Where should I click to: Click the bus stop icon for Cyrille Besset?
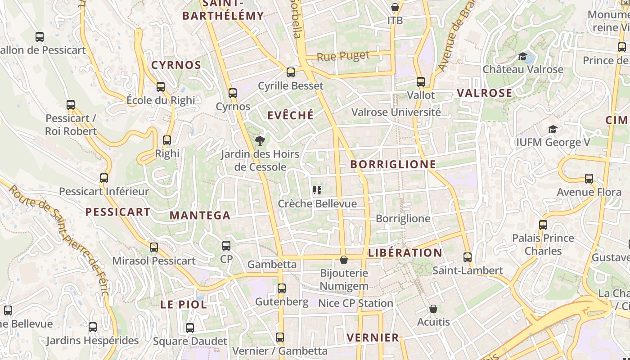click(291, 72)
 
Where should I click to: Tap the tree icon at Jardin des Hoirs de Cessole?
click(260, 141)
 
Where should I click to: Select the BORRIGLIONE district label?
click(393, 164)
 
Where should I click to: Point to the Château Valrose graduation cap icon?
click(522, 56)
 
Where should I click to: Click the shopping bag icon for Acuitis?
click(433, 309)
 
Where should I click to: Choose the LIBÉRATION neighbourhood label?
click(405, 252)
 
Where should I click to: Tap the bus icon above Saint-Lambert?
click(468, 257)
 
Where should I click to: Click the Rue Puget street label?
click(343, 56)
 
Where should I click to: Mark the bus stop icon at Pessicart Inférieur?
click(104, 178)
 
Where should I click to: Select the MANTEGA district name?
click(200, 215)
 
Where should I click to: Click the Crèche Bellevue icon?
click(317, 190)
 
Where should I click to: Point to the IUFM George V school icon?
click(553, 130)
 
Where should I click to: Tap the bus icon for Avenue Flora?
click(589, 179)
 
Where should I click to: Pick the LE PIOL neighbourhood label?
click(184, 304)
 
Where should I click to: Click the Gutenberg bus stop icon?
click(282, 288)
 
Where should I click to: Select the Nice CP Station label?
click(355, 303)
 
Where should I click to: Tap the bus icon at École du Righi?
click(161, 87)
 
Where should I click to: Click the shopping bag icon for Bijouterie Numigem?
click(344, 260)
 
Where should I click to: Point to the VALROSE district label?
click(484, 93)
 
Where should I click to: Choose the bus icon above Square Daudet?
click(190, 328)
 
